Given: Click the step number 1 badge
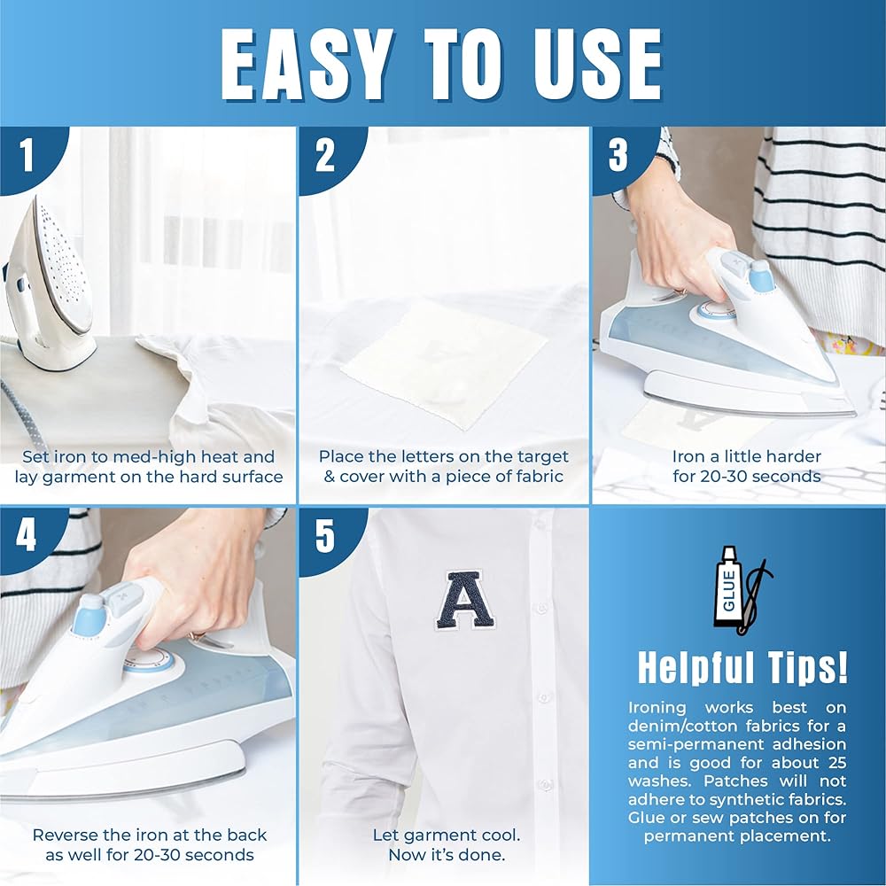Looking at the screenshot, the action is tap(27, 155).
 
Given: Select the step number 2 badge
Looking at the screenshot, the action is tap(325, 155).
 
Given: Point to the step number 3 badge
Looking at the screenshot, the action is tap(618, 155).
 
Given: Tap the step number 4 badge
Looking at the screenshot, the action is tap(27, 534).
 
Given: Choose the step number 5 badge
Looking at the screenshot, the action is tap(325, 534).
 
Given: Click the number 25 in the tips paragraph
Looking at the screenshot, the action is tap(837, 762).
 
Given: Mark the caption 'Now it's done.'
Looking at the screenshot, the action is tap(447, 854).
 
